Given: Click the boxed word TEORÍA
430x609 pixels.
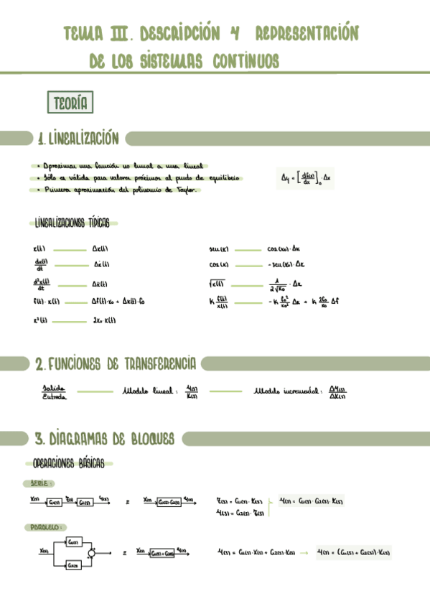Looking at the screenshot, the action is pos(70,103).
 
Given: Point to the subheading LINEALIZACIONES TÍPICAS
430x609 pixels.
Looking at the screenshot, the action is pos(72,223).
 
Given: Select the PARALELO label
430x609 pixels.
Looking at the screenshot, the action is pos(45,527).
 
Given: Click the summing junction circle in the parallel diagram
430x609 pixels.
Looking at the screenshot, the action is pos(91,552).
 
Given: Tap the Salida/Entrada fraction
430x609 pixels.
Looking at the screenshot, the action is pos(54,391).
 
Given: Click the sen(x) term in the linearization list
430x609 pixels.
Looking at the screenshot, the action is pos(218,250).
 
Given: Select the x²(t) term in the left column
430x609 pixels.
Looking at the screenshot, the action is pos(40,320).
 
